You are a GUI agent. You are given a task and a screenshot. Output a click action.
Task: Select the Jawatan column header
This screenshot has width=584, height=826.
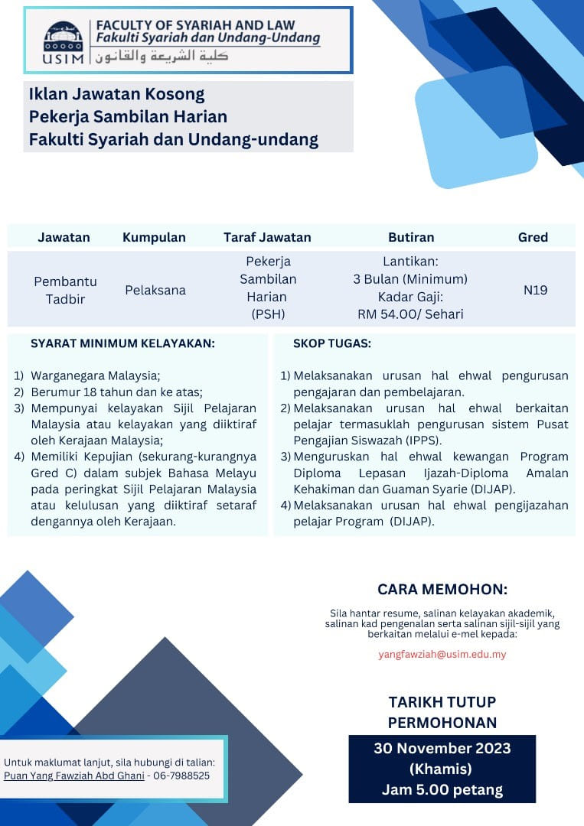(x=64, y=237)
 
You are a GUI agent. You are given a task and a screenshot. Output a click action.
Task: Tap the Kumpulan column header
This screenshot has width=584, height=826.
(x=154, y=237)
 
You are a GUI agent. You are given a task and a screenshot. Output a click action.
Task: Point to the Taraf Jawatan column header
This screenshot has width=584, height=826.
(x=267, y=237)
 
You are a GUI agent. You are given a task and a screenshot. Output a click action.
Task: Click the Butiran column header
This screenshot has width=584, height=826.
(x=411, y=237)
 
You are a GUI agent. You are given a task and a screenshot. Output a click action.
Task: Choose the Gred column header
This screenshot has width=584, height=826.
(x=533, y=237)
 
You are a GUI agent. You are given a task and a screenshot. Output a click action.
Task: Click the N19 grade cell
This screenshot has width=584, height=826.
(x=535, y=291)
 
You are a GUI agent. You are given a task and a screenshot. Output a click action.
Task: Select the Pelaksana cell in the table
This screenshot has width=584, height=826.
(x=155, y=291)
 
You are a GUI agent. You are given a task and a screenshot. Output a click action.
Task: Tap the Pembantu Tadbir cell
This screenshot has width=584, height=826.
(x=65, y=291)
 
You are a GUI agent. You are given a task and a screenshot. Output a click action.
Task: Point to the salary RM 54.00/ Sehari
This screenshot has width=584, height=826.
(x=410, y=314)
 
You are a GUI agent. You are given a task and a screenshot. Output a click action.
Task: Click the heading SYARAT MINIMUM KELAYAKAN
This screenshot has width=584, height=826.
(x=122, y=344)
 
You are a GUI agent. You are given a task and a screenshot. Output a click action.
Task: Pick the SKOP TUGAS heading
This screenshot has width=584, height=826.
(x=332, y=344)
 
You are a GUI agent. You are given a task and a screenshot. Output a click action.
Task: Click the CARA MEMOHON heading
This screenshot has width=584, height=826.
(x=442, y=590)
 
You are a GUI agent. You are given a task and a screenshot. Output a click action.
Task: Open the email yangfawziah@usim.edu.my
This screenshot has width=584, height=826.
(x=442, y=655)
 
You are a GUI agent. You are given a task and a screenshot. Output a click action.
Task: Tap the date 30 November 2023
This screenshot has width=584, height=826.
(x=442, y=748)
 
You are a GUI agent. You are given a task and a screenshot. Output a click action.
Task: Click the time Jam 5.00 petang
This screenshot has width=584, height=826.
(x=442, y=790)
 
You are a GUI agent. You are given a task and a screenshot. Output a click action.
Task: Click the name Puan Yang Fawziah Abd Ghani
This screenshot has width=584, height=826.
(x=74, y=776)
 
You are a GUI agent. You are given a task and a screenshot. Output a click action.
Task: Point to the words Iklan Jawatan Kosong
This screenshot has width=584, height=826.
(x=117, y=95)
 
